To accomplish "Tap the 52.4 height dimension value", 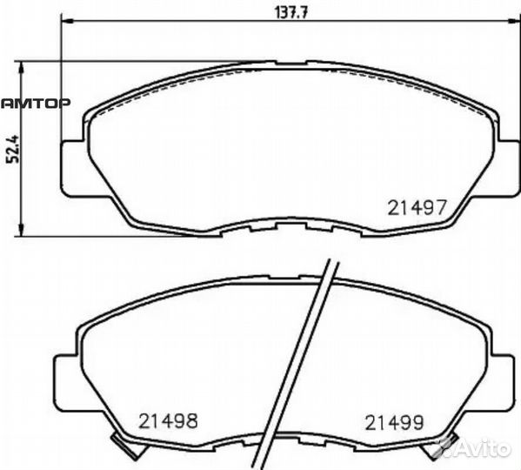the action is tap(14, 149).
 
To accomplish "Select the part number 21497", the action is tap(416, 208).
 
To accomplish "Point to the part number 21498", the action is tap(168, 420).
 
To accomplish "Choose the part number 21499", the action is tap(395, 423).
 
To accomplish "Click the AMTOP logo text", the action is tap(36, 104).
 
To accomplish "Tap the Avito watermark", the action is tap(478, 449).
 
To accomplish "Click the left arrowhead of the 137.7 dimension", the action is tap(67, 21).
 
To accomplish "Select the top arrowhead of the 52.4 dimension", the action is tap(22, 68).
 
